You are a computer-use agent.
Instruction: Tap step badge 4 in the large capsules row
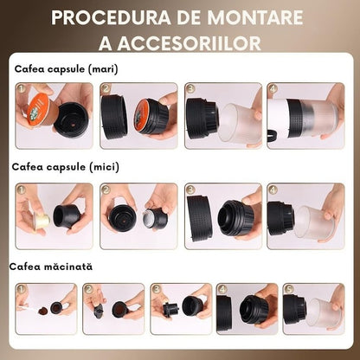point(274,88)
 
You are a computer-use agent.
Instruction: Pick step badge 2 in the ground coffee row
point(89,291)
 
